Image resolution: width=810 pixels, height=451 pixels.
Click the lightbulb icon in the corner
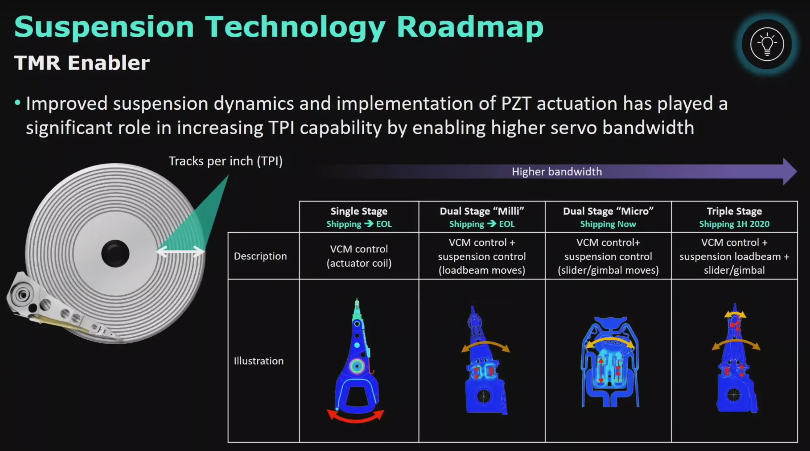coord(767,44)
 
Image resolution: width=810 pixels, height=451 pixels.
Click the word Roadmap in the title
coord(470,27)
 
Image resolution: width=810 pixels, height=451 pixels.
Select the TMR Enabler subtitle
coord(82,63)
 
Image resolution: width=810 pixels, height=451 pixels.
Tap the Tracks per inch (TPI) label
coord(226,161)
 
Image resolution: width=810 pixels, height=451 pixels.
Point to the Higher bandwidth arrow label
coord(557,172)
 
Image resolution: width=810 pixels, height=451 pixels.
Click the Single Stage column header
coord(359,211)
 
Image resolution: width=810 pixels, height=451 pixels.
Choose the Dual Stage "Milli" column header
coord(482,211)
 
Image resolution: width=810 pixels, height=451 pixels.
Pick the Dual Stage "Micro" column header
coord(608,211)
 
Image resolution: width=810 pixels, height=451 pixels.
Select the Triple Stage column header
coord(734,211)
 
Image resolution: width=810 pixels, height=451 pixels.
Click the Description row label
coord(260,256)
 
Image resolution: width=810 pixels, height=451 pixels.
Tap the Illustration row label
coord(259,361)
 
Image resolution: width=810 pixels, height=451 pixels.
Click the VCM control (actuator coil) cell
coord(359,256)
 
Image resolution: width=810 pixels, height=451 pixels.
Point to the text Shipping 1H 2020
coord(734,224)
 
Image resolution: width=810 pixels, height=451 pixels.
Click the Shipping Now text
coord(608,224)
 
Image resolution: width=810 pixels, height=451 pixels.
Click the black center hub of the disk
coord(115,253)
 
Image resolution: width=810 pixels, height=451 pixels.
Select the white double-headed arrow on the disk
coord(180,252)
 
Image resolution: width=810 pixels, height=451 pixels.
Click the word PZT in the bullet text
coord(516,103)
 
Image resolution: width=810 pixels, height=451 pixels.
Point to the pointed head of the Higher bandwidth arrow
coord(796,171)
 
